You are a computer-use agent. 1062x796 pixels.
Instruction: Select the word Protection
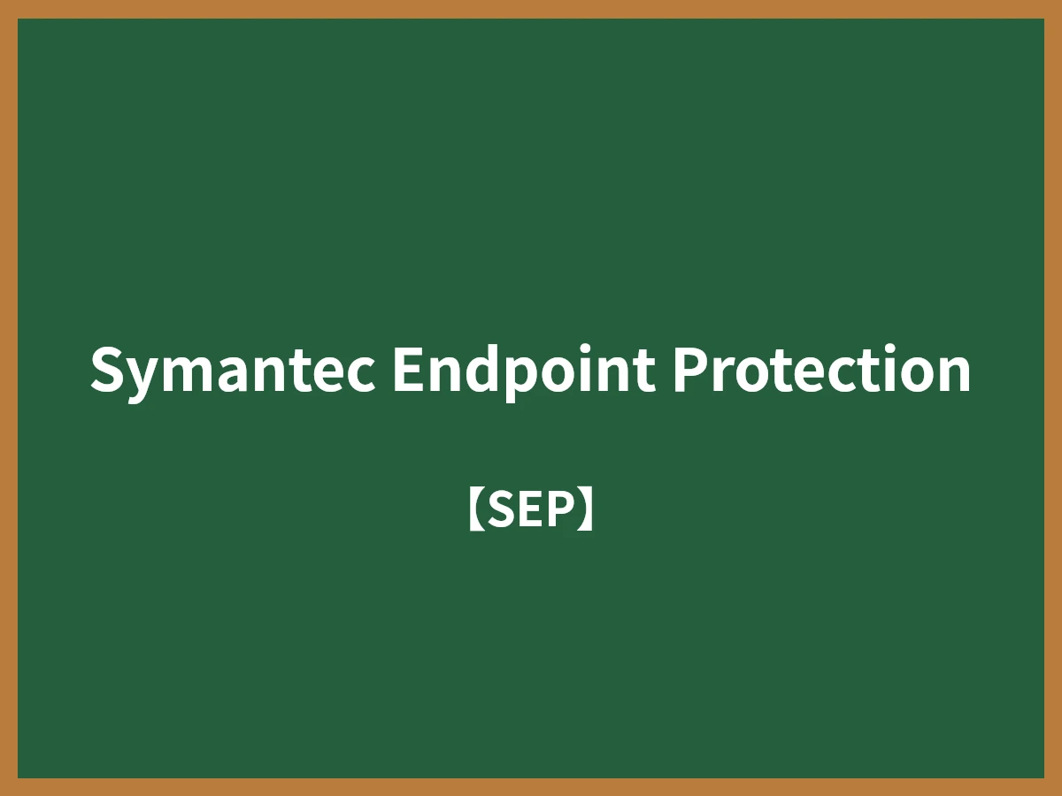pyautogui.click(x=820, y=370)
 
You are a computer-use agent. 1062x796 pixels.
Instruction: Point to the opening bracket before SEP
pyautogui.click(x=475, y=510)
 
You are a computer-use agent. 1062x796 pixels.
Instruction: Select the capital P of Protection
pyautogui.click(x=687, y=370)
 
